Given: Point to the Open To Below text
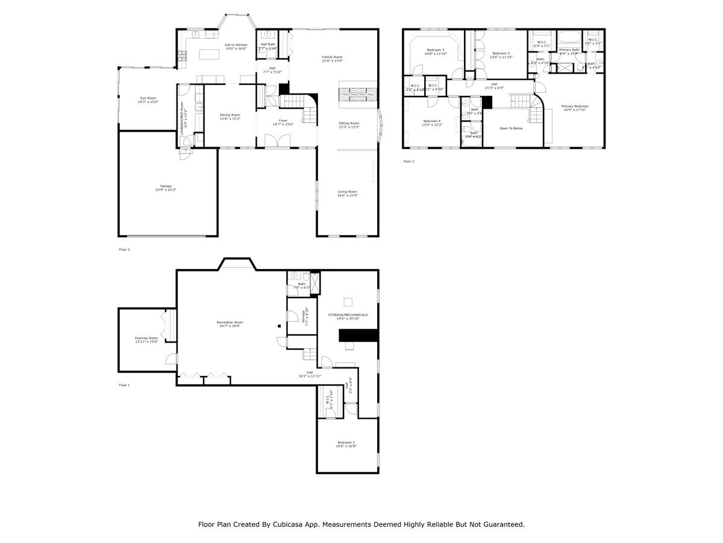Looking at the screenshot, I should (x=512, y=128).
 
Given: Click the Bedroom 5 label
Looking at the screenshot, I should (x=347, y=444).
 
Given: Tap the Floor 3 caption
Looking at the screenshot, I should (x=408, y=161).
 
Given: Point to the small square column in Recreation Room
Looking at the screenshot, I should (x=279, y=326).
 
